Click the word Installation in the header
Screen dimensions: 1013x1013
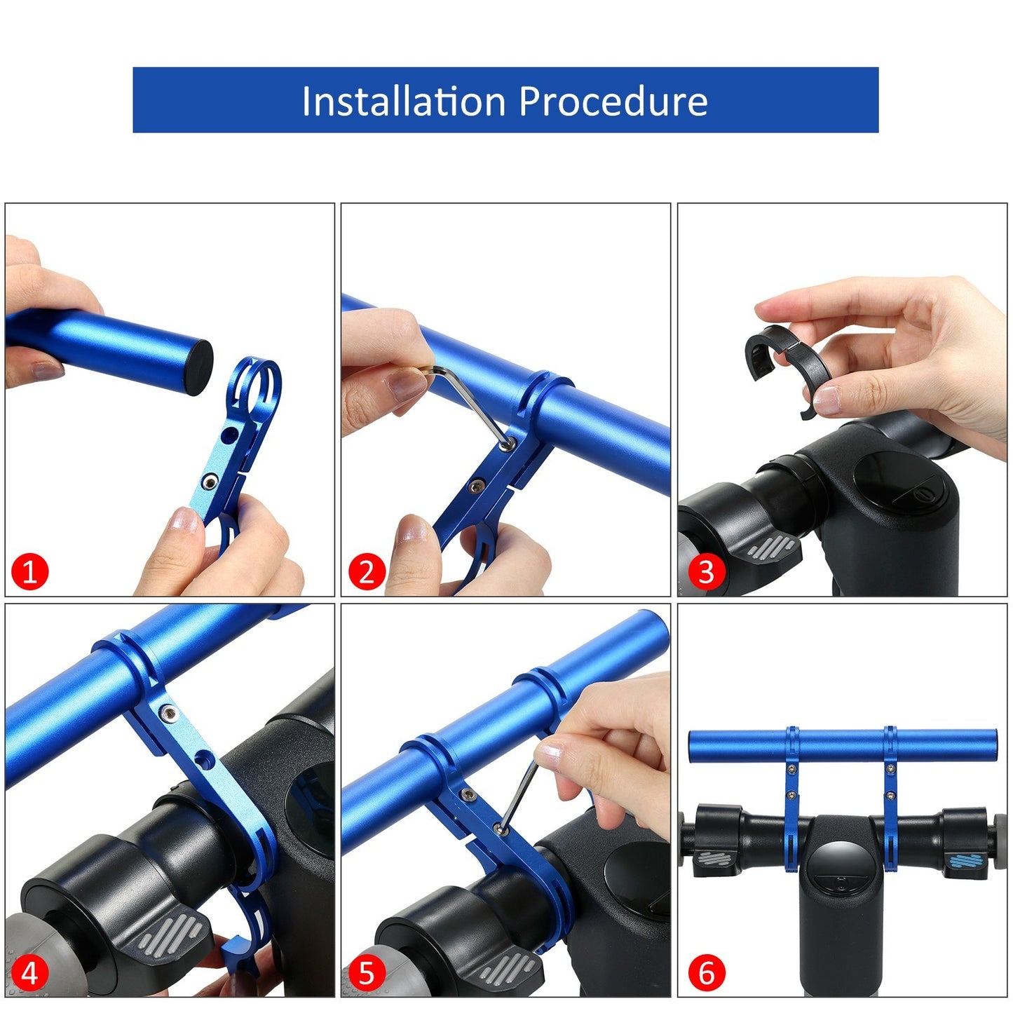403,101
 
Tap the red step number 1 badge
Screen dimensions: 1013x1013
29,571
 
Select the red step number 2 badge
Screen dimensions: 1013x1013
367,571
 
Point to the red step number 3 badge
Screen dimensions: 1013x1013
706,571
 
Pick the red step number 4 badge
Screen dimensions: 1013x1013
29,973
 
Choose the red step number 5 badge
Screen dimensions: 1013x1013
367,973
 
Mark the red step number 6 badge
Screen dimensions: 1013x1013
706,973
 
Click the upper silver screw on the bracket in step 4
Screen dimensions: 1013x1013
168,714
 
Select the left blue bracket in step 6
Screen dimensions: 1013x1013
791,799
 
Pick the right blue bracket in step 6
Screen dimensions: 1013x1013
890,799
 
